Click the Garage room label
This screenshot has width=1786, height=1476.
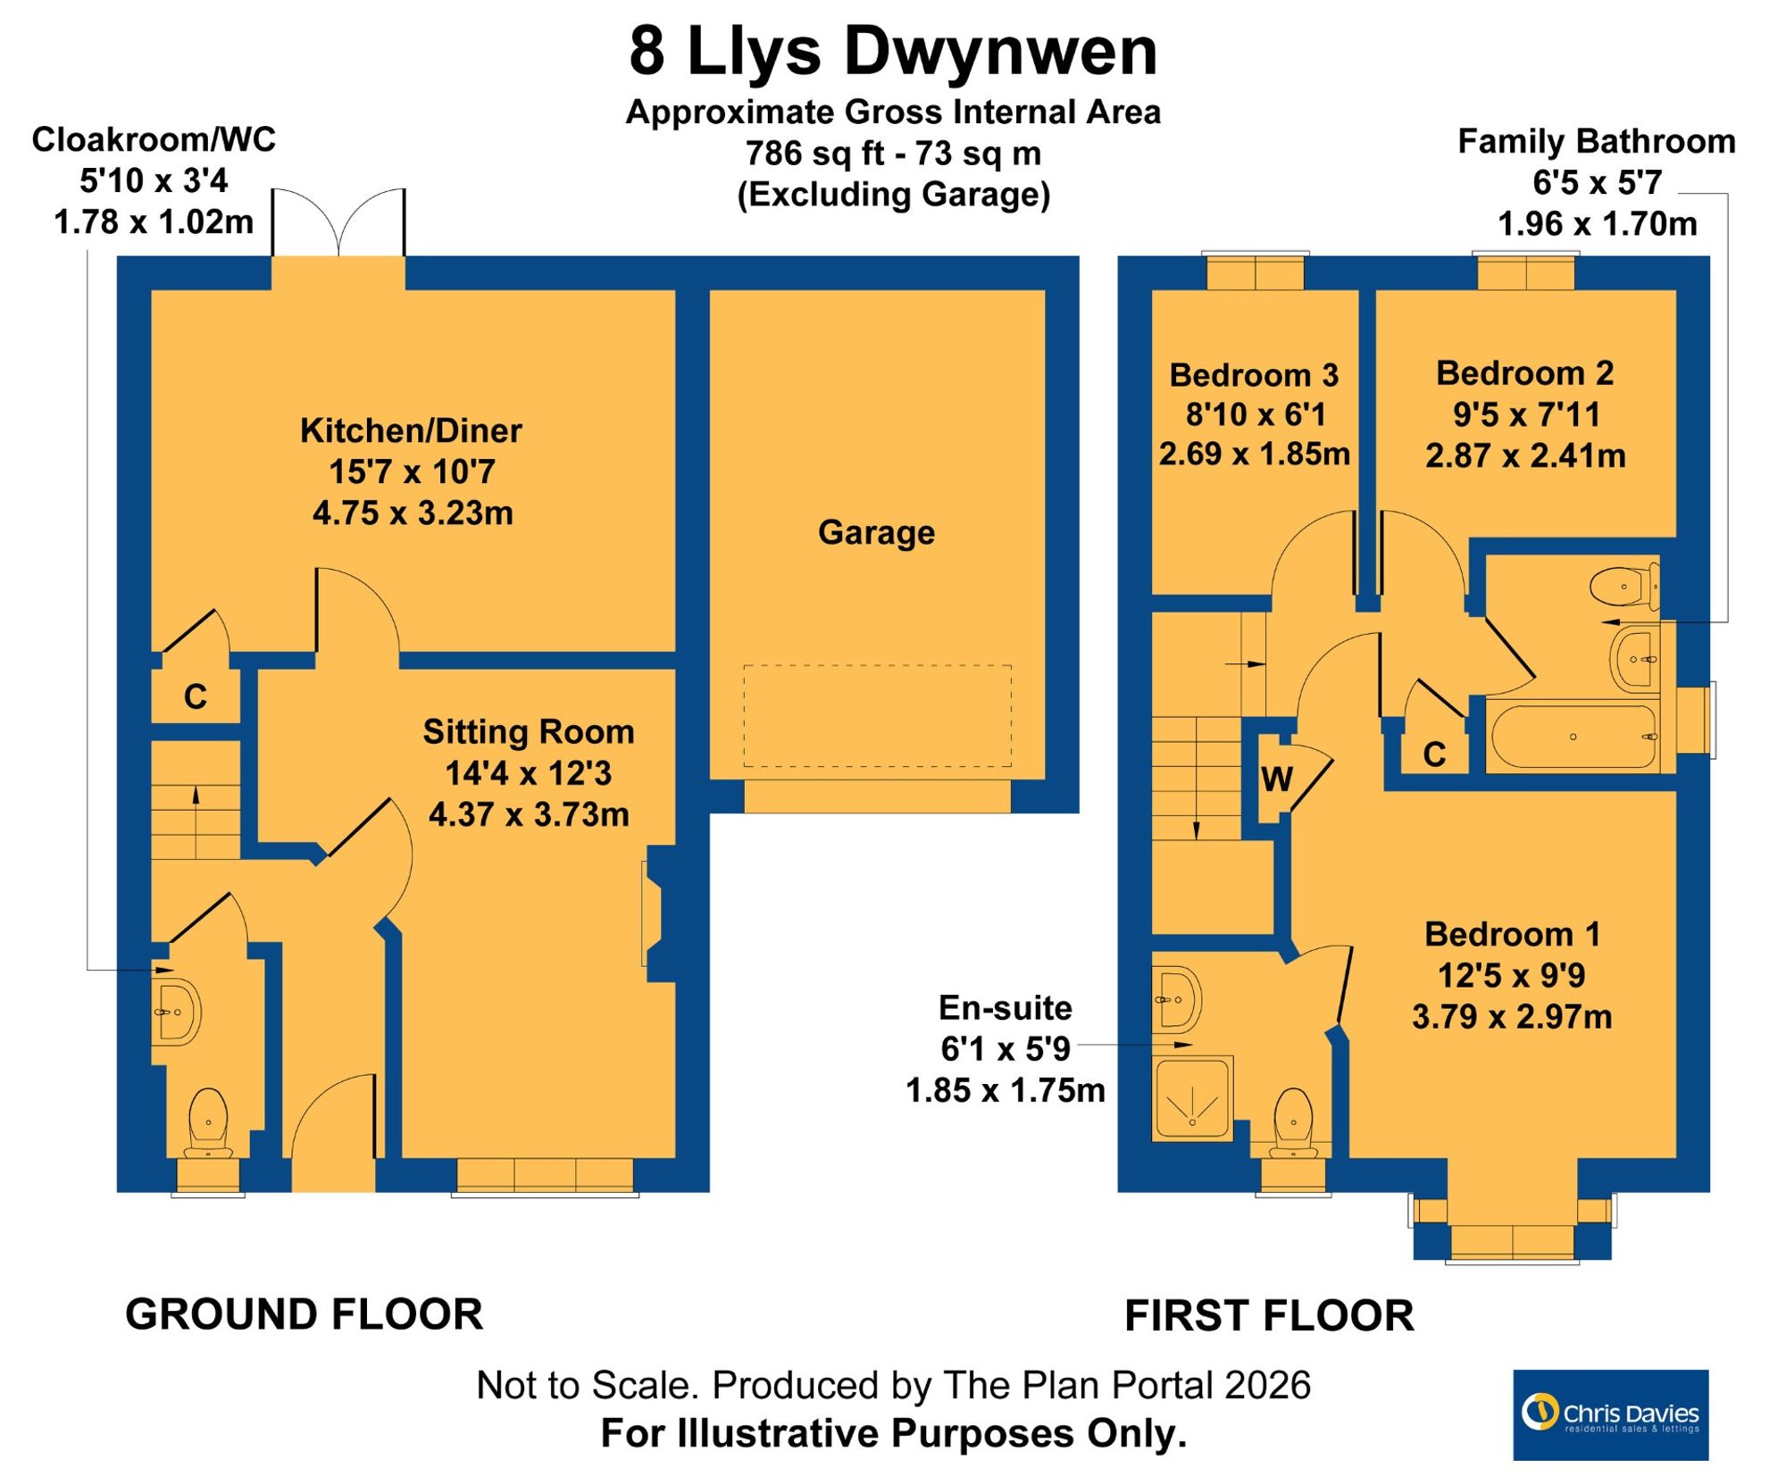pos(876,532)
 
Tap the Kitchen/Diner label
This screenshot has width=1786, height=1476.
pos(411,430)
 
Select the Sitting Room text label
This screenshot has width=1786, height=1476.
pos(529,731)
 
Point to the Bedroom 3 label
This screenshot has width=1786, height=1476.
pos(1254,375)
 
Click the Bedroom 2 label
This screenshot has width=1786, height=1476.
pos(1525,373)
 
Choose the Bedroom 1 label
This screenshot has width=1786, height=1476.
pos(1512,934)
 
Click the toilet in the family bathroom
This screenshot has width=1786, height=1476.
pos(1625,587)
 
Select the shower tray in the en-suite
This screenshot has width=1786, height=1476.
pos(1193,1099)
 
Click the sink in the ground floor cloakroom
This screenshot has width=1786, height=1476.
pos(177,1012)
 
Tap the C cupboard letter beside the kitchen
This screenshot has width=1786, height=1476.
pos(196,696)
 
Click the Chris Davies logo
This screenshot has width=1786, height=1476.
pos(1610,1415)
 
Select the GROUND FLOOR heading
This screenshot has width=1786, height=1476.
pos(304,1314)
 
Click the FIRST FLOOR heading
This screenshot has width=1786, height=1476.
pos(1269,1316)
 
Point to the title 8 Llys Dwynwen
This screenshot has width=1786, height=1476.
pos(893,52)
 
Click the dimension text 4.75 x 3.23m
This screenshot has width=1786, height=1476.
pos(413,513)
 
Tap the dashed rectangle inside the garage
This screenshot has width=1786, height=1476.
pos(878,715)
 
